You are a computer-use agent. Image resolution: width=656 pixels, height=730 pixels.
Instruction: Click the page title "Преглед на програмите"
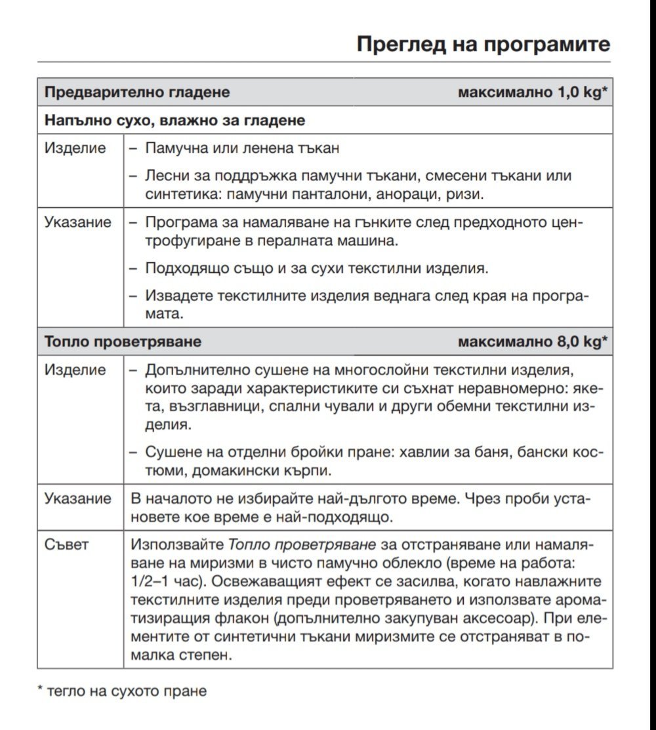[x=483, y=45]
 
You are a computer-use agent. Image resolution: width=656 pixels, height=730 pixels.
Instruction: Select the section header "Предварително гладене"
[x=137, y=92]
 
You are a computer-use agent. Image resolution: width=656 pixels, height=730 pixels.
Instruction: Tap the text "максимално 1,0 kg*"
[x=533, y=92]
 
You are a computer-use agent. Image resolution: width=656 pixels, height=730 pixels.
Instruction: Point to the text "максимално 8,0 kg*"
[x=533, y=342]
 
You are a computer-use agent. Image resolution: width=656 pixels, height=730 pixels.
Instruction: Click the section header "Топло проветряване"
[x=123, y=342]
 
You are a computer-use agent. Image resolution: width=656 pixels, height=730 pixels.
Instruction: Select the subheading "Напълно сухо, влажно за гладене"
[x=174, y=121]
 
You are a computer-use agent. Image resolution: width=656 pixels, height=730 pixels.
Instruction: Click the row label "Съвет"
[x=66, y=544]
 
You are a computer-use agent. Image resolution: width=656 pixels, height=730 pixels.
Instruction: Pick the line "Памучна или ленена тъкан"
[x=242, y=148]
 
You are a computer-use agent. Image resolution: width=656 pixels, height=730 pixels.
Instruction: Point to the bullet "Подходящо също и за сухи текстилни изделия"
[x=317, y=268]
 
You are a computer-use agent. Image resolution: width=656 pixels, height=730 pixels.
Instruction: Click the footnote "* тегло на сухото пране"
[x=122, y=691]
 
